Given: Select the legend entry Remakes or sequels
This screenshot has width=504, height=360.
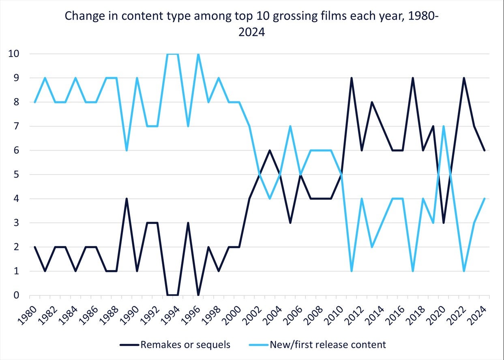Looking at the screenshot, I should coord(185,345).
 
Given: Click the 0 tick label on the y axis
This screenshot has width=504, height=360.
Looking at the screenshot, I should coord(17,295).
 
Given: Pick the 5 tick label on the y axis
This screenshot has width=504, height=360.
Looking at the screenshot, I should coord(17,175).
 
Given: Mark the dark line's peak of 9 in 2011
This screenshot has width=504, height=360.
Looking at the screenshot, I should coord(352,78).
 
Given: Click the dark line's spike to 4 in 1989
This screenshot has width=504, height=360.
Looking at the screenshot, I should coord(127,199).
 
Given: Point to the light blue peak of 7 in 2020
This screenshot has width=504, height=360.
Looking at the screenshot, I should coord(444,126).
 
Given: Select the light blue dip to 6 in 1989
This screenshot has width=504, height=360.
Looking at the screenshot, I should coord(127,150).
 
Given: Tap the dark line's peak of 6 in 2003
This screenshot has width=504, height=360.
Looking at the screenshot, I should coord(270,150).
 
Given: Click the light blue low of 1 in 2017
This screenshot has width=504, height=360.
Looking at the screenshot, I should coord(413,271).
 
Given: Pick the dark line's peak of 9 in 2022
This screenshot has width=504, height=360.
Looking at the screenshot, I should coord(464,78).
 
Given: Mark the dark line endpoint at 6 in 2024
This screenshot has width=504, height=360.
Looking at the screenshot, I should coord(484,150).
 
